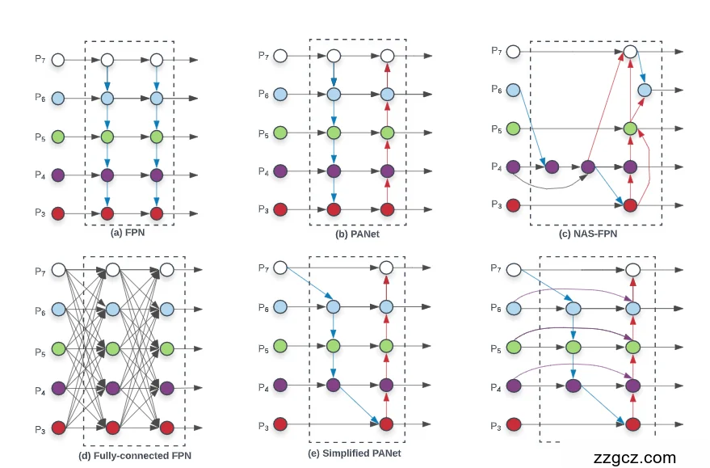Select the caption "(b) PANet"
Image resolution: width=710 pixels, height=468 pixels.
pos(358,234)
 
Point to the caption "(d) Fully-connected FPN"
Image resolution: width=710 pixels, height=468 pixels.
pos(135,456)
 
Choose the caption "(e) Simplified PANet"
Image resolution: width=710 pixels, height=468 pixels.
pos(357,453)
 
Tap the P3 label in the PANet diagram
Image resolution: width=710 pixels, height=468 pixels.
pos(264,209)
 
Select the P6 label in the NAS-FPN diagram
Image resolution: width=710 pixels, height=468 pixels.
pos(496,90)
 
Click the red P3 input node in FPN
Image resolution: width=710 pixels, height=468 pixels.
pos(58,213)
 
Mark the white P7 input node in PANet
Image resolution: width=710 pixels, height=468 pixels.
pos(281,56)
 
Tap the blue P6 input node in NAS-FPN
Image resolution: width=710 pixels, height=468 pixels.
pos(513,91)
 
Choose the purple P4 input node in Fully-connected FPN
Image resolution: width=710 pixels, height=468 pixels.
pos(58,388)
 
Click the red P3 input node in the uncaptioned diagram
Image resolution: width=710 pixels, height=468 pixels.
pos(513,424)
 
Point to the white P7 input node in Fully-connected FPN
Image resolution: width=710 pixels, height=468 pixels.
pos(58,269)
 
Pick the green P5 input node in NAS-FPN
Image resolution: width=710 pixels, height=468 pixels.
pos(513,129)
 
